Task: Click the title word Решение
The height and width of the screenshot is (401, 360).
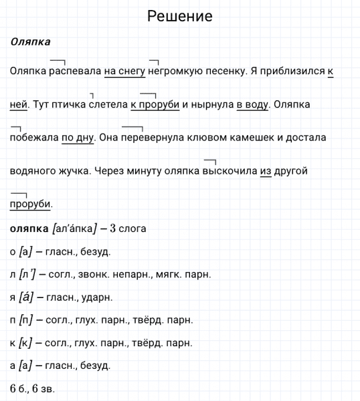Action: click(179, 15)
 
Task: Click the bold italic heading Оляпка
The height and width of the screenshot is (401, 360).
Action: click(31, 41)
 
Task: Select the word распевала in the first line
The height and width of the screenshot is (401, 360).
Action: click(74, 71)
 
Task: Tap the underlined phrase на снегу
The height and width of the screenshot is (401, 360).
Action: click(124, 71)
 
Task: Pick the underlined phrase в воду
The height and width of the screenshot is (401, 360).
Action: click(252, 104)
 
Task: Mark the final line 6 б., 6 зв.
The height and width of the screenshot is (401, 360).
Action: click(32, 388)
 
